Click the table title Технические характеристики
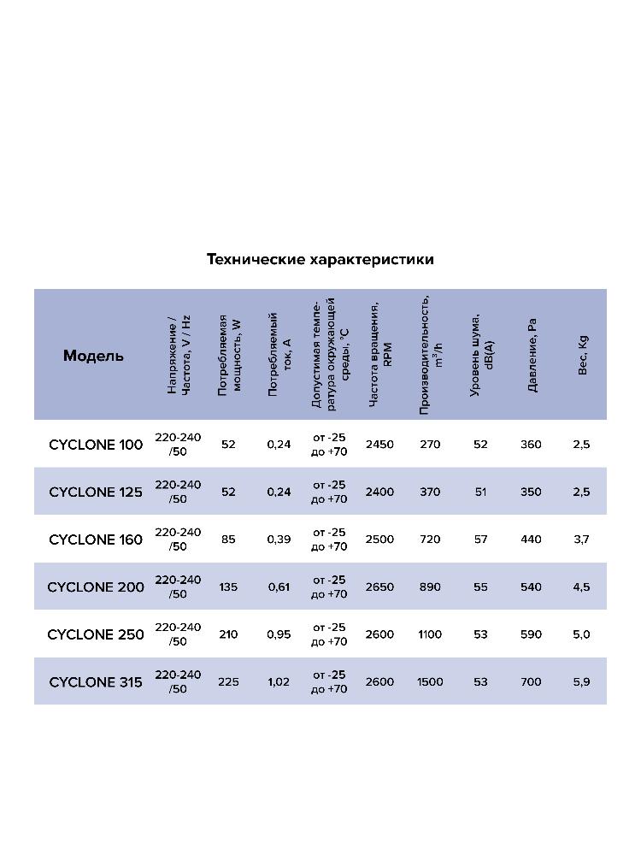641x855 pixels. point(320,259)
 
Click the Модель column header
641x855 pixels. point(93,356)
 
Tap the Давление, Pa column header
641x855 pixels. point(532,356)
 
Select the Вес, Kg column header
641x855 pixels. point(583,354)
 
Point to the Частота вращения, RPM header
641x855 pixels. point(379,354)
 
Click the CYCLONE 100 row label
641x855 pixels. point(96,445)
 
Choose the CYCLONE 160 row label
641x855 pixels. point(96,540)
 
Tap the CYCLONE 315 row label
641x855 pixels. point(96,682)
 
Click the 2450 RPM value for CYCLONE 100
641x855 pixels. point(379,445)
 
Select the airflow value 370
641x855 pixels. point(430,492)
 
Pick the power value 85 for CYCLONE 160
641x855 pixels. point(228,540)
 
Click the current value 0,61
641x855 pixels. point(279,587)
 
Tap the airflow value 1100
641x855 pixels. point(430,634)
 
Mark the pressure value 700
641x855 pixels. point(531,682)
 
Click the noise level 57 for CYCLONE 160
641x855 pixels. point(480,540)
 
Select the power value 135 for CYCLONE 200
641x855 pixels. point(228,587)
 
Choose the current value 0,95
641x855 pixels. point(279,634)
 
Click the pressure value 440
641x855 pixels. point(531,540)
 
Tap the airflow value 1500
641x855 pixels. point(430,682)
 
